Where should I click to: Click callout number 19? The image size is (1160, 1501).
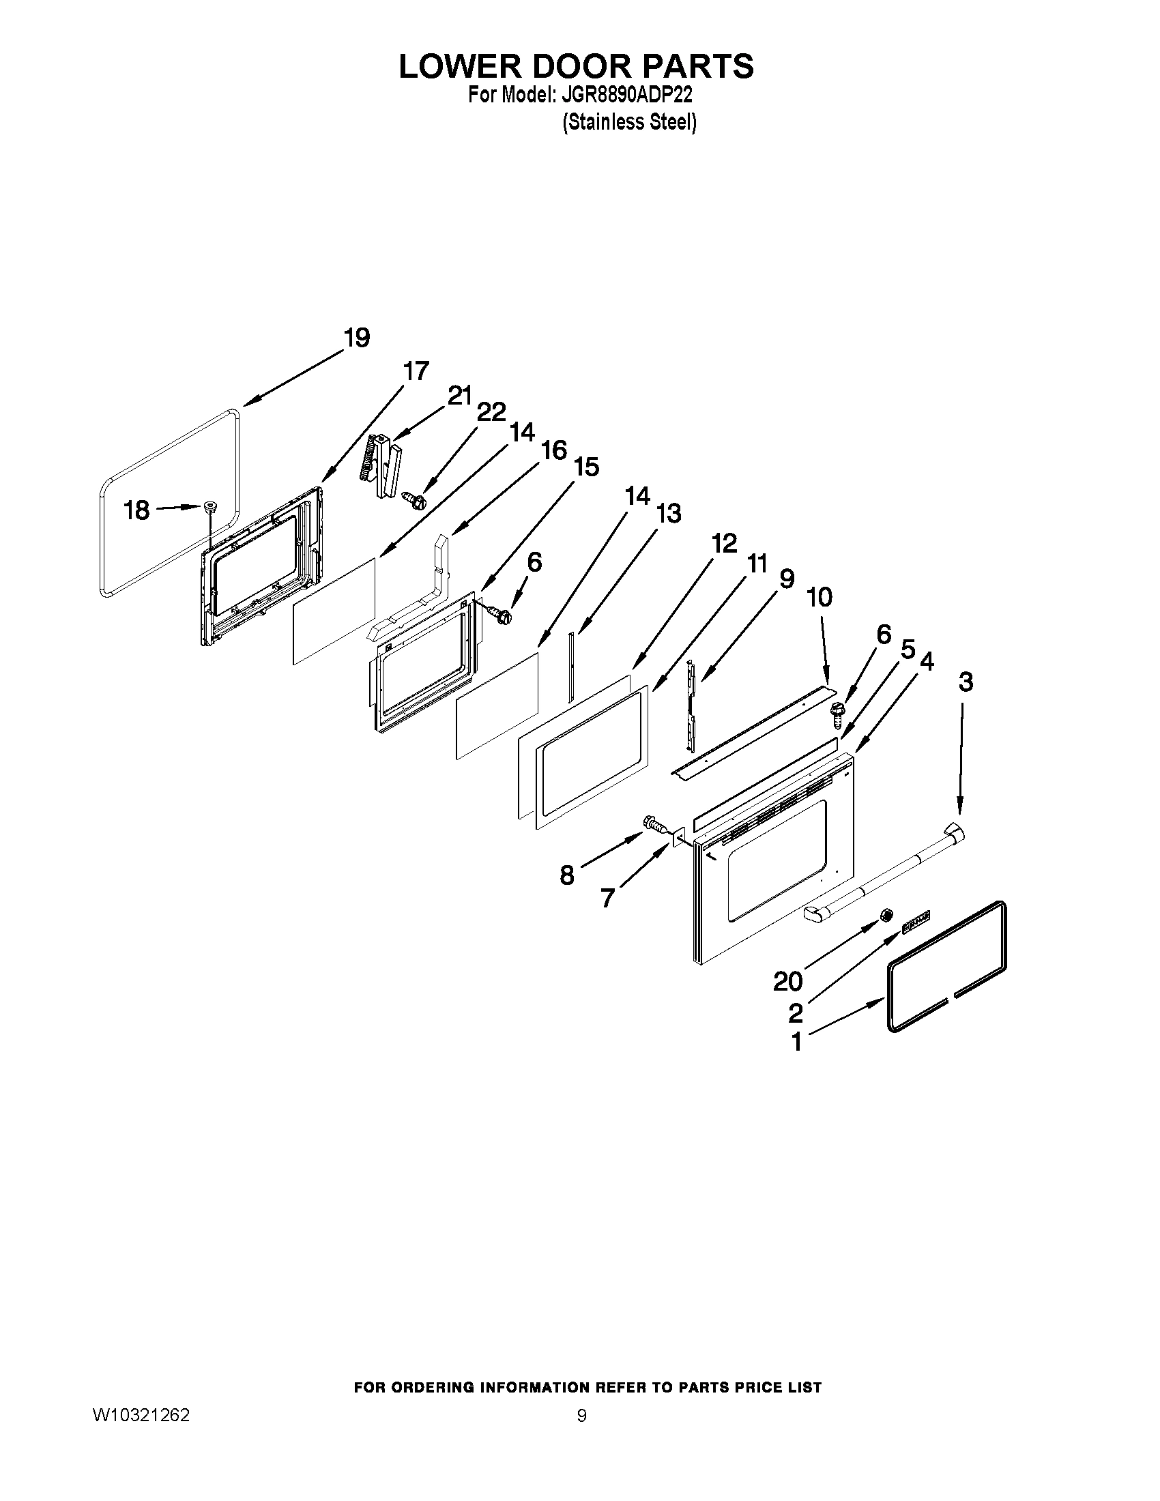[357, 338]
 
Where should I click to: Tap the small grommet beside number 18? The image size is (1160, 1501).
[209, 508]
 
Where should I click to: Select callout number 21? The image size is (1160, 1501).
[460, 396]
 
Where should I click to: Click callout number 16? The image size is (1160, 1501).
[554, 450]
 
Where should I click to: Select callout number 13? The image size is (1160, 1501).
[668, 512]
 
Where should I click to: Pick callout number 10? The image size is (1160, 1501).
[818, 596]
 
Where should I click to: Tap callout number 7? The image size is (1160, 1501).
[607, 897]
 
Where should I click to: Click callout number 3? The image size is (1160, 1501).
[966, 682]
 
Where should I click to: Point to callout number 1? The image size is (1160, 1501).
[796, 1042]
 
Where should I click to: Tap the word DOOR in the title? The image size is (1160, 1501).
[575, 66]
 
